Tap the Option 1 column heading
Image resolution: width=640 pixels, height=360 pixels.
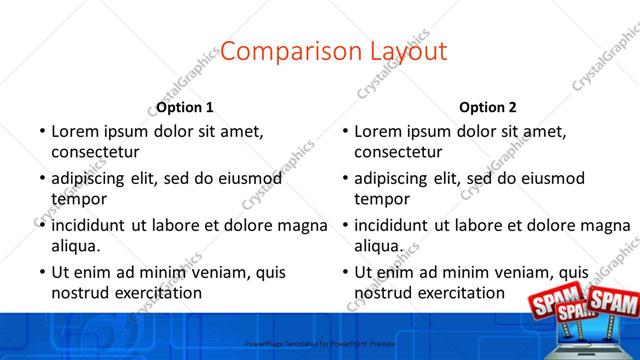(185, 107)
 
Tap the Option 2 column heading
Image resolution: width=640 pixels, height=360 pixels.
(488, 107)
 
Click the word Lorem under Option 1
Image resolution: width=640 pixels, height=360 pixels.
(74, 131)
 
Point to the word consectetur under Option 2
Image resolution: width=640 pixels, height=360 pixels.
(398, 152)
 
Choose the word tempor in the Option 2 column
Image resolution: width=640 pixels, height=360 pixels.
(382, 199)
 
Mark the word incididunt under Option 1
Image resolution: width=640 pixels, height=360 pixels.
(95, 225)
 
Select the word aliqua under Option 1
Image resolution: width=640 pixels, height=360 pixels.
(76, 246)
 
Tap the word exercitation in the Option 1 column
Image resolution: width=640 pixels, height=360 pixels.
(158, 293)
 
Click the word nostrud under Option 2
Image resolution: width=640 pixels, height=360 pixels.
(382, 293)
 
